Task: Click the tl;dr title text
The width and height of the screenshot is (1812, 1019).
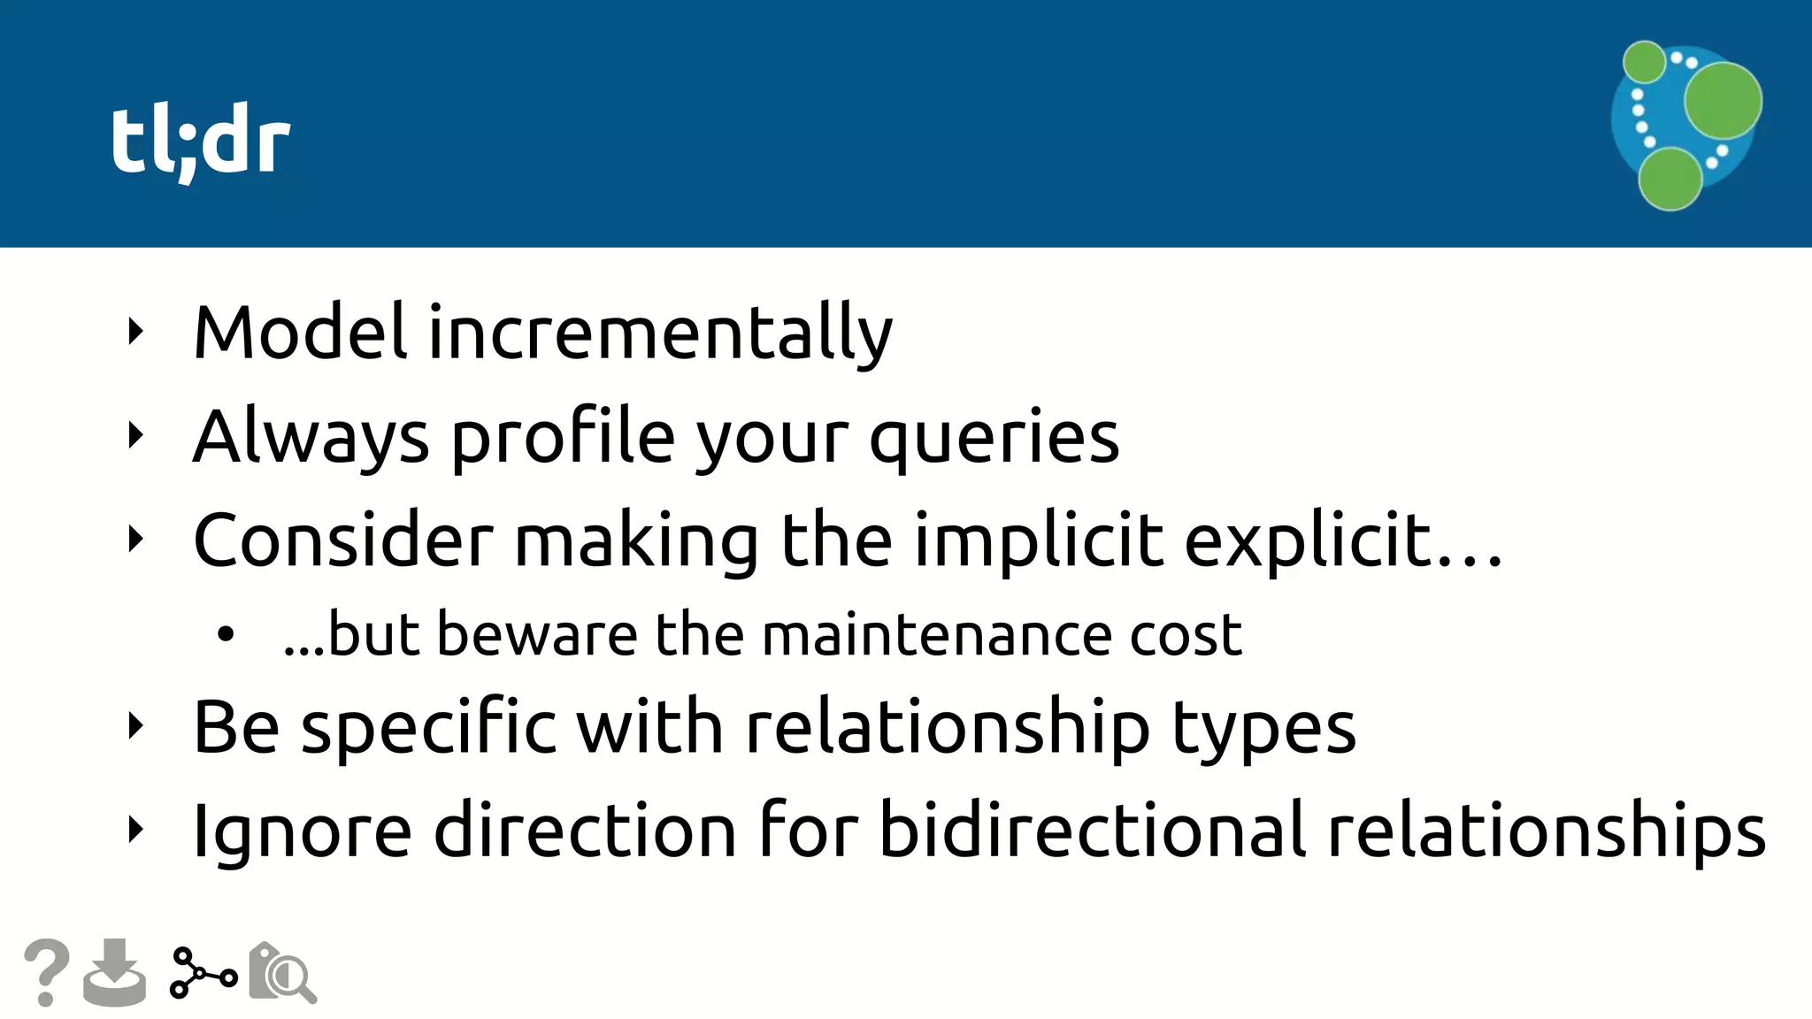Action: pyautogui.click(x=201, y=142)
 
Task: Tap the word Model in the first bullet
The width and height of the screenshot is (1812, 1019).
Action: pyautogui.click(x=300, y=333)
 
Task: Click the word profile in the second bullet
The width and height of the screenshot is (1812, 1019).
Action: pyautogui.click(x=564, y=438)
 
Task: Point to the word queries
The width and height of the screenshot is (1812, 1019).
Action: pyautogui.click(x=994, y=440)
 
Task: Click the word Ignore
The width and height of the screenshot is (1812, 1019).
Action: pyautogui.click(x=302, y=831)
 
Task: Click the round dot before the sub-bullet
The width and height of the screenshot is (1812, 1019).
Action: pyautogui.click(x=226, y=634)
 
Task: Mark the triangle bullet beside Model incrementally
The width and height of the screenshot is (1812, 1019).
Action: pyautogui.click(x=135, y=332)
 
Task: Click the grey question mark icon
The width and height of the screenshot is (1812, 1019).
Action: pyautogui.click(x=47, y=971)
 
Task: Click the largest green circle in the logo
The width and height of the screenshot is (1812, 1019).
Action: pyautogui.click(x=1722, y=100)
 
